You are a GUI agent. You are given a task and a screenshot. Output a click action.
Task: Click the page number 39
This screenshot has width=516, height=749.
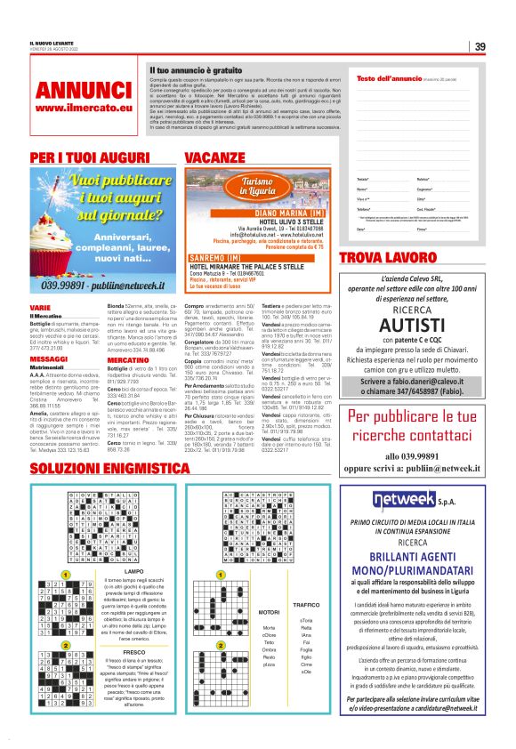coord(479,46)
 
